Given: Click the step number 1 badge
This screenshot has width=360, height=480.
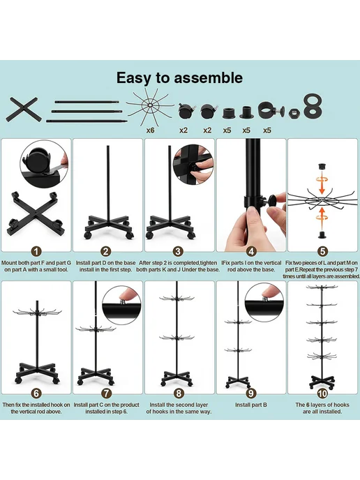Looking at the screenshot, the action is pos(36,252).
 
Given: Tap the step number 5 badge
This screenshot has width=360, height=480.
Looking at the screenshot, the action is pos(322,252).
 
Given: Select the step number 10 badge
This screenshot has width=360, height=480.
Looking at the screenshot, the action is pos(322,393).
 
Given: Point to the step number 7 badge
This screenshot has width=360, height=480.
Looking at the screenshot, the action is pos(106,393).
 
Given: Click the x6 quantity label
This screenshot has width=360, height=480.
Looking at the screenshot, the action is pos(150,130).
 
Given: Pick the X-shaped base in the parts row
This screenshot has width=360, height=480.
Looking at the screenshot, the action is pos(23,110).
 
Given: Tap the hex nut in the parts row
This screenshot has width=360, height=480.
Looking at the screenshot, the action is pos(294,112).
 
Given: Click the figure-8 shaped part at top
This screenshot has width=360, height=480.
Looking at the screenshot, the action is pos(313,105).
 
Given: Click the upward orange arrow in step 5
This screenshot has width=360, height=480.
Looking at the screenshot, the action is pos(322,219).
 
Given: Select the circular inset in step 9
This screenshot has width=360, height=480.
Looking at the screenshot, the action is pos(264,303).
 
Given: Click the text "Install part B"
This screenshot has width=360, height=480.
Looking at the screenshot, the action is pos(251,405).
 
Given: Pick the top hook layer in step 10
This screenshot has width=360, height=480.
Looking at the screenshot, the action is pos(322,287).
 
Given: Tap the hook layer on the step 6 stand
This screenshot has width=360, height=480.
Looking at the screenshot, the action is pos(37,313).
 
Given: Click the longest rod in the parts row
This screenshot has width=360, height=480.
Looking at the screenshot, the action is pos(87,121).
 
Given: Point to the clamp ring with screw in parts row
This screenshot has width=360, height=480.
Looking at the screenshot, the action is pos(271,110).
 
